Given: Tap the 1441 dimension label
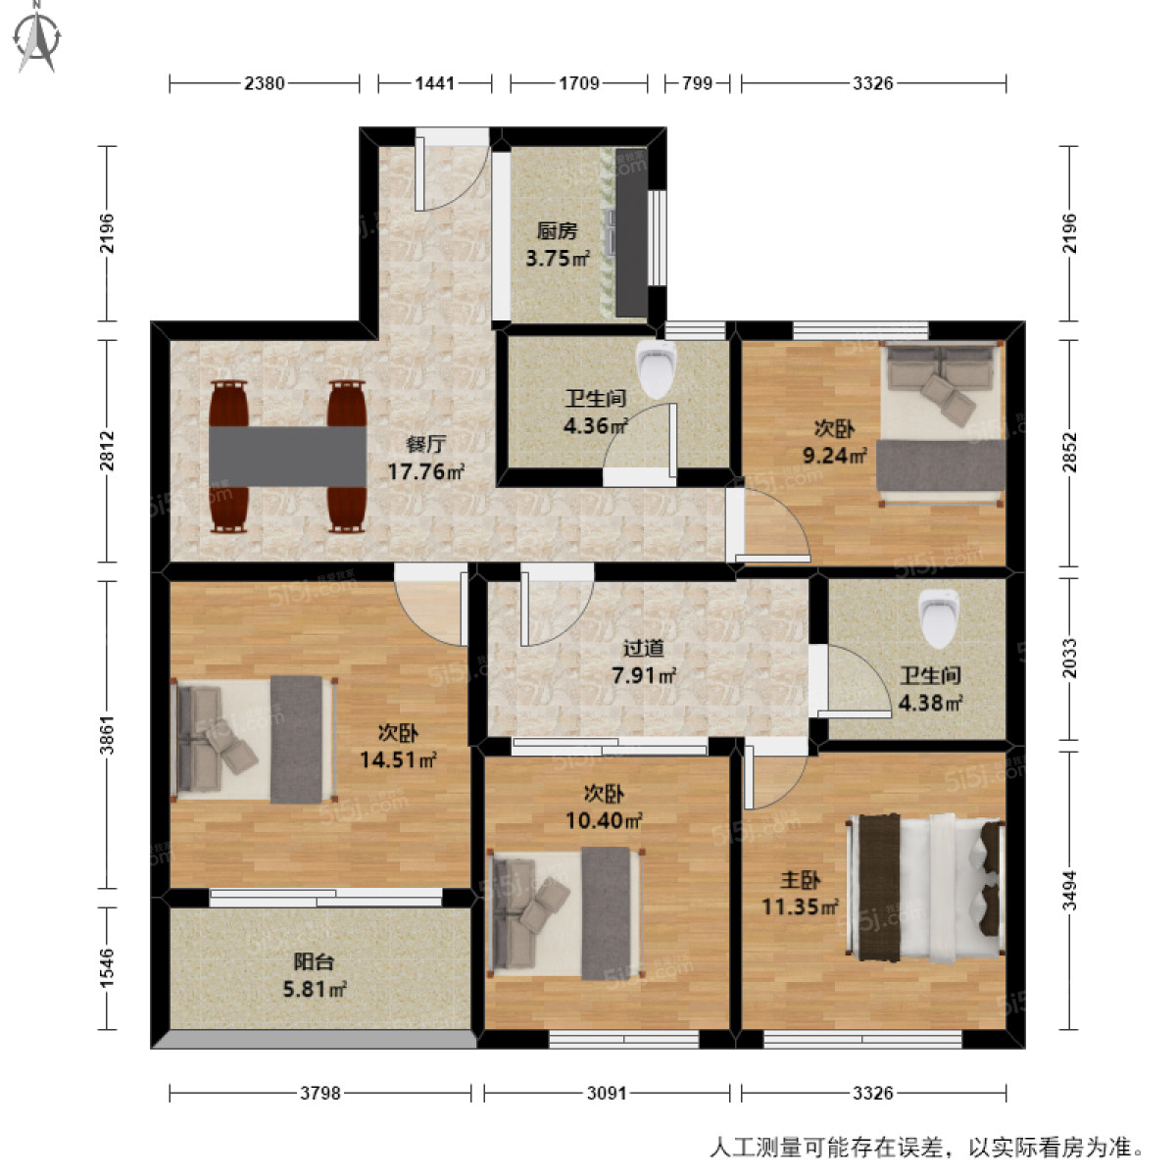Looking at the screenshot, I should tap(434, 83).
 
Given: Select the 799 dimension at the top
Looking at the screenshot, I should tap(697, 83).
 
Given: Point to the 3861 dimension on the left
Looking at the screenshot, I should tap(107, 735).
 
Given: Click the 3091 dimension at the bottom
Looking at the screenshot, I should tap(607, 1093).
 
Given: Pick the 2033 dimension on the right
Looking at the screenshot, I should tap(1069, 659).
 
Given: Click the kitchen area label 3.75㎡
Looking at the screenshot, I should tap(558, 259).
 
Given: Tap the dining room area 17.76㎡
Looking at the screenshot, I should tap(425, 472).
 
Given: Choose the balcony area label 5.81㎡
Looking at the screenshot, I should tap(315, 990).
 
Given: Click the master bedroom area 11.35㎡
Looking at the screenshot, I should tap(800, 907).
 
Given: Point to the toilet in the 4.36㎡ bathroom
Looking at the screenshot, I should tap(656, 367).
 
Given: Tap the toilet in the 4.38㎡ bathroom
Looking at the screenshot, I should tap(938, 616).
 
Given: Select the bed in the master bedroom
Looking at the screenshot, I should tap(926, 886).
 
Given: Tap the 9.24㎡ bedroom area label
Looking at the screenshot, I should tap(832, 455).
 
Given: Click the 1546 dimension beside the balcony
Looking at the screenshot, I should tap(107, 967).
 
